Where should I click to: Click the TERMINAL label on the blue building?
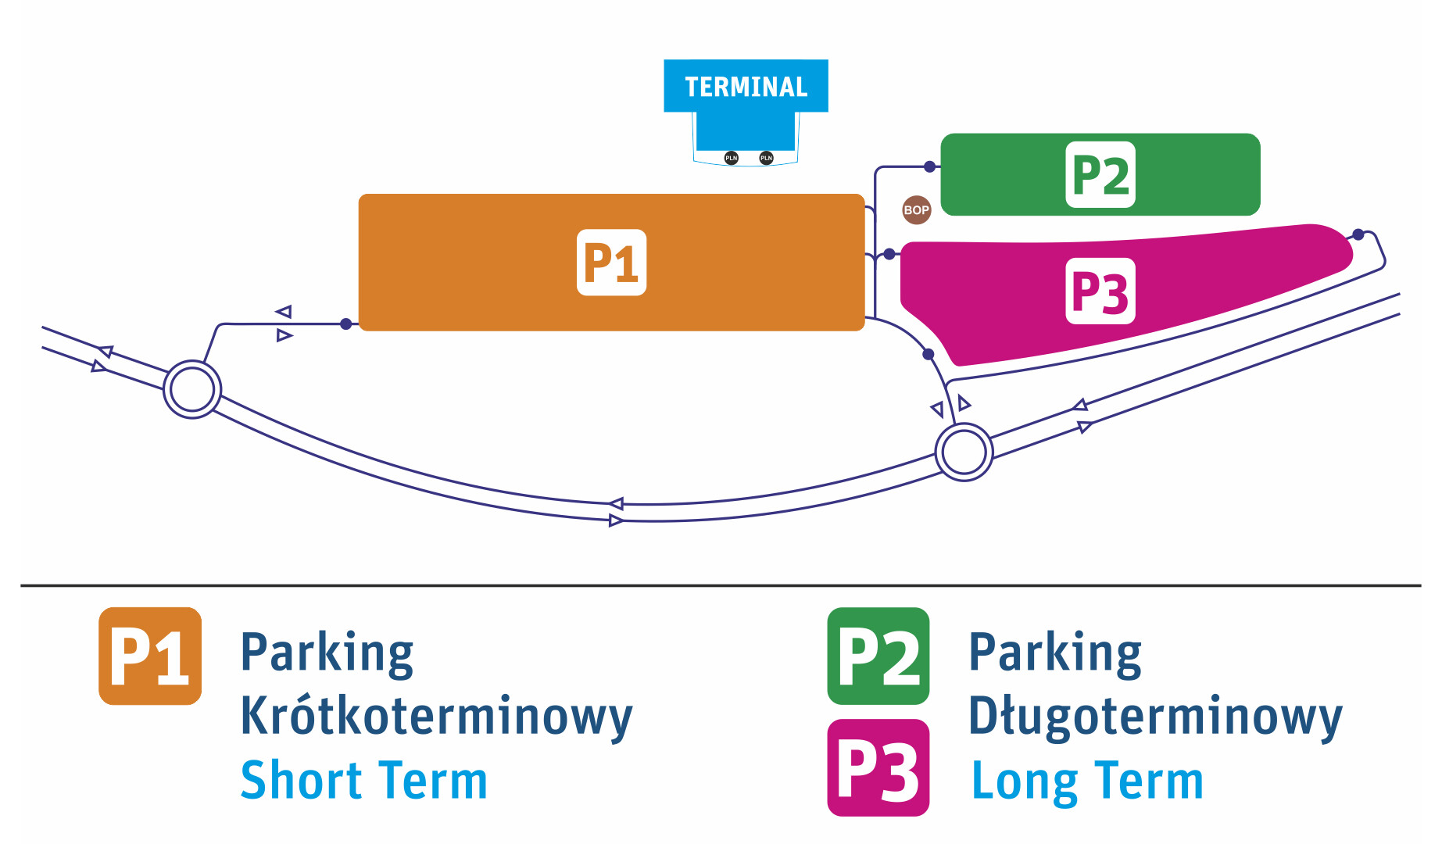[746, 87]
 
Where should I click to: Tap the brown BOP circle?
[916, 209]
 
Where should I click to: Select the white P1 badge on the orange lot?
[611, 263]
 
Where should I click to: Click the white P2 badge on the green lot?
[1100, 175]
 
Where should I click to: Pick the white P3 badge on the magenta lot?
[1100, 291]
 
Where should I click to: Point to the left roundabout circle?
[192, 389]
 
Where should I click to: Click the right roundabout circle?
[964, 452]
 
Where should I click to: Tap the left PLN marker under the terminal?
[731, 158]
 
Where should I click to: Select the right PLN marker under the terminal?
[766, 158]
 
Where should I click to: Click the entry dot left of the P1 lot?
[346, 324]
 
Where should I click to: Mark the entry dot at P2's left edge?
[929, 166]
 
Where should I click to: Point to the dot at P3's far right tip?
[1358, 234]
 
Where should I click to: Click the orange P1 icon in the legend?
[150, 656]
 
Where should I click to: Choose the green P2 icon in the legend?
[878, 656]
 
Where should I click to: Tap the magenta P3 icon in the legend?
[878, 768]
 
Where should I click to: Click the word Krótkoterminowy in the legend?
[436, 716]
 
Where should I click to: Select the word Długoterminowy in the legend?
[1155, 716]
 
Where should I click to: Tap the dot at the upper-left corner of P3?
[889, 254]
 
